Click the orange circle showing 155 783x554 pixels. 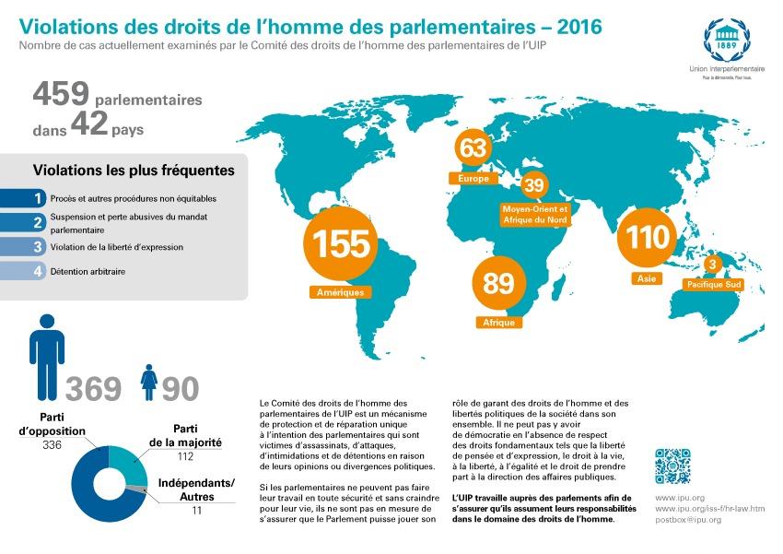(x=341, y=244)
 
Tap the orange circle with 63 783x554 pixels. (x=472, y=148)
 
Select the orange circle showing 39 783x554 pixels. (x=534, y=185)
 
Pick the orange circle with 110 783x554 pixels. (x=647, y=237)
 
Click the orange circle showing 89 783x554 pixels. (x=498, y=283)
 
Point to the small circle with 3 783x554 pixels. (x=711, y=265)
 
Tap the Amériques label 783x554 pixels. (x=341, y=292)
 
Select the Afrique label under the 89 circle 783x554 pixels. (x=498, y=323)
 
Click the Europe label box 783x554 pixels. (x=472, y=177)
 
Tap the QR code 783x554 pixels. (x=672, y=466)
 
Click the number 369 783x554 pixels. (x=93, y=388)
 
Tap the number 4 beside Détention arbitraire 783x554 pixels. (x=38, y=271)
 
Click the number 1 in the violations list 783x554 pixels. (x=38, y=197)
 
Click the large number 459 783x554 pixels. (x=61, y=93)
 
